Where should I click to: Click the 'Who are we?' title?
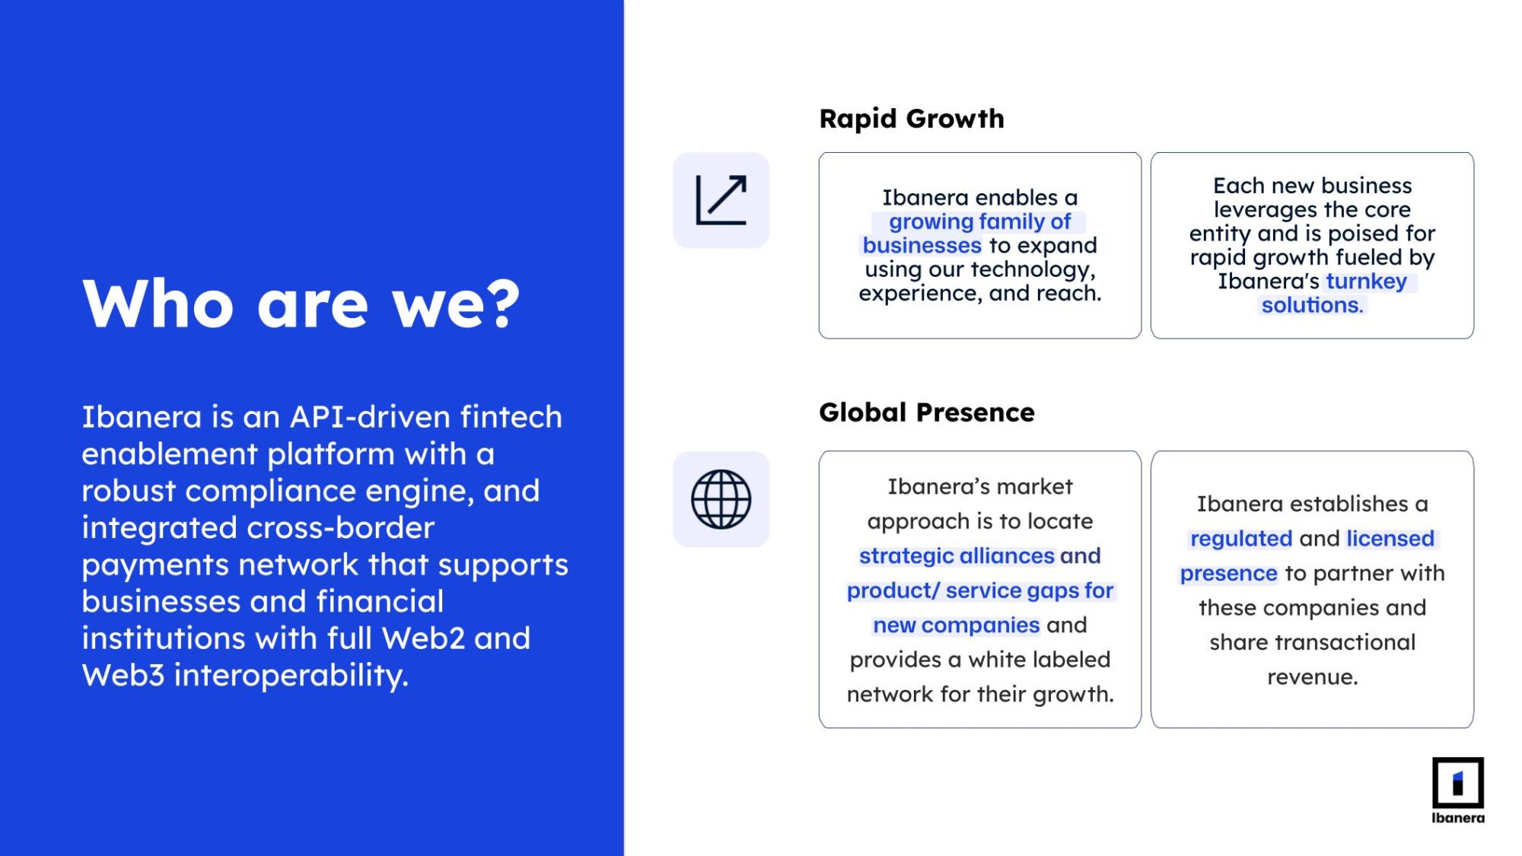point(301,304)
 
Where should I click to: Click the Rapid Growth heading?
point(912,119)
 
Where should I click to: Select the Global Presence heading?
point(927,412)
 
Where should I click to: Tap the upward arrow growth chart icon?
point(721,200)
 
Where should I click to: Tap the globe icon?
point(721,499)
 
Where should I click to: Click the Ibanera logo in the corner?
point(1458,791)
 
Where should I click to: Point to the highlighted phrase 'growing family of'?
point(979,221)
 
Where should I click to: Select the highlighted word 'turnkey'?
point(1367,282)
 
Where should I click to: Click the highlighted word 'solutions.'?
point(1312,305)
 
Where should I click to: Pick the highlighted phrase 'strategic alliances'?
point(957,556)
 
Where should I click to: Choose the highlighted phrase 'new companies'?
point(956,625)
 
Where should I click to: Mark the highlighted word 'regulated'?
point(1241,539)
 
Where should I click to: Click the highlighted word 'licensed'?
point(1390,539)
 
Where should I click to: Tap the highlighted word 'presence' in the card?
point(1228,574)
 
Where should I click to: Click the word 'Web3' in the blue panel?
point(123,675)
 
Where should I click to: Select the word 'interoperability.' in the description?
point(291,676)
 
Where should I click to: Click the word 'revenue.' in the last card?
point(1312,677)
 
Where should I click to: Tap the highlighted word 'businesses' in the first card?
point(922,245)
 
